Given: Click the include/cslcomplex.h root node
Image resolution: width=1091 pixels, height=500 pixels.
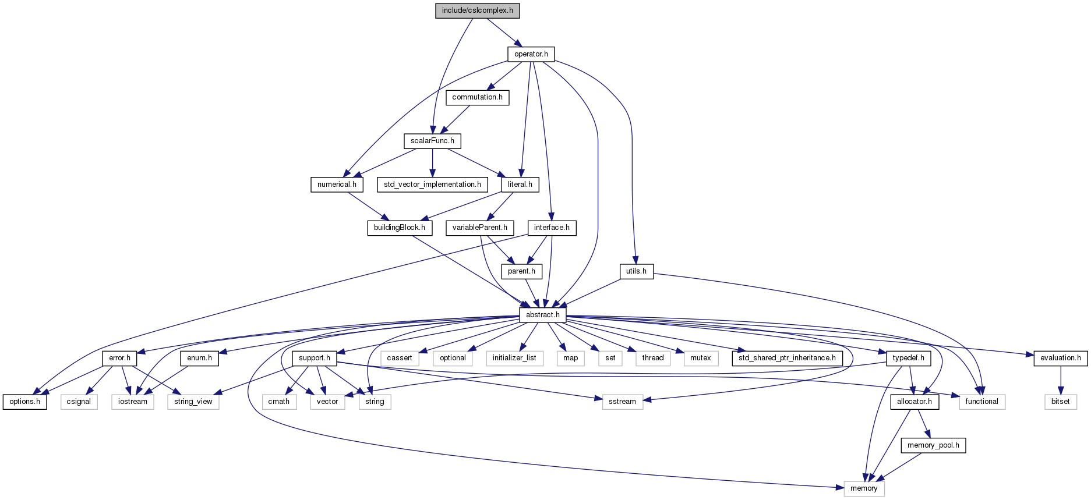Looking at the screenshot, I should point(477,11).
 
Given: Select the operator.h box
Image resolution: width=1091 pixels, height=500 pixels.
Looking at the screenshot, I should point(531,54).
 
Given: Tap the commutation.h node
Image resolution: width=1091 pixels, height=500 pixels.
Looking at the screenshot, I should point(477,97).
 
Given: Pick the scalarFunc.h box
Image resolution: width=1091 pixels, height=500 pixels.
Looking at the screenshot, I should point(432,141).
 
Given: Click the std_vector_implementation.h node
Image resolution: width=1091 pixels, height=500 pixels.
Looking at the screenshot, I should point(432,185).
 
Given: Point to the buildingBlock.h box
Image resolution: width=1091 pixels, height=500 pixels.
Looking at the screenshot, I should point(399,228).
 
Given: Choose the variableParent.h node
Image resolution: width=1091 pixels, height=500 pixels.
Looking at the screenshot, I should point(479,228).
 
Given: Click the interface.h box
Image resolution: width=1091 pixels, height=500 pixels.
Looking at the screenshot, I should point(552,228).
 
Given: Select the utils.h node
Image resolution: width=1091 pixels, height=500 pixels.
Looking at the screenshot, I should point(636,271).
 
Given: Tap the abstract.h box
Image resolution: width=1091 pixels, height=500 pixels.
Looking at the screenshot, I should point(542,315).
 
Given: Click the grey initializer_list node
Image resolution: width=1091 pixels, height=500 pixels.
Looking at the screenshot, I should point(514,358).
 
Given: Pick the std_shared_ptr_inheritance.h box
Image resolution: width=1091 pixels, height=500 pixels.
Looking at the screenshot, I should point(787,358).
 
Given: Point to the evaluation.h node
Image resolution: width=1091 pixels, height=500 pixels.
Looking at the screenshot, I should point(1060,358).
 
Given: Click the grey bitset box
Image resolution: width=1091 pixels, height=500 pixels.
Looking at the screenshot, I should point(1060,402).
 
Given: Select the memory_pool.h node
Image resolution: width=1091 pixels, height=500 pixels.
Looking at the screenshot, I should point(933,445).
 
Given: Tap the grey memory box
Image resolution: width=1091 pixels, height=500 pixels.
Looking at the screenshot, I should point(864,488).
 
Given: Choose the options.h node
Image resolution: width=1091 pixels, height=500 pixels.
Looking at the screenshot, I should point(24,402).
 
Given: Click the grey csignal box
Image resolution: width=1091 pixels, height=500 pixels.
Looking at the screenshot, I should point(79,402).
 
